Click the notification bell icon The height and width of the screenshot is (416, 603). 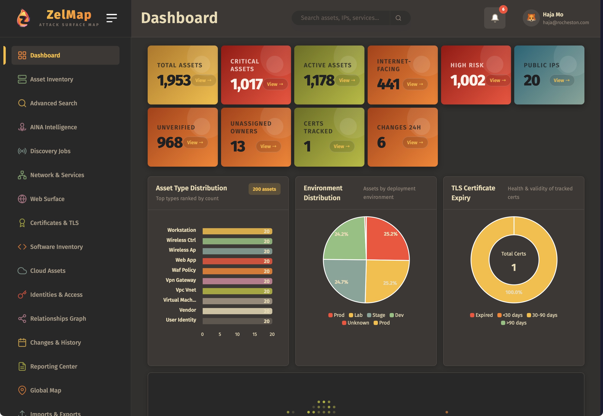(494, 18)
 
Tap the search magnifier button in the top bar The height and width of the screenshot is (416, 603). (398, 18)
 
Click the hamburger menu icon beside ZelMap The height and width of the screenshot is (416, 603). (111, 18)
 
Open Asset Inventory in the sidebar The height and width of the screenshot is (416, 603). (51, 79)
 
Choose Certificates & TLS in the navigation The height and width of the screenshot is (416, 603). (54, 223)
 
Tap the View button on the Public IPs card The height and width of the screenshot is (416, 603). (561, 80)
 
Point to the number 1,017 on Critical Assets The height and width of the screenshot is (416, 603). (246, 84)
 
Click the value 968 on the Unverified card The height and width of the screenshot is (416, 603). (170, 143)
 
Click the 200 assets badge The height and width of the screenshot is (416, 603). (264, 189)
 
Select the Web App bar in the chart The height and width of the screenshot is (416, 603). (237, 261)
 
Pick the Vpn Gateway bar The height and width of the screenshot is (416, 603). (237, 281)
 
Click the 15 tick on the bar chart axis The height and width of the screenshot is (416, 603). (255, 334)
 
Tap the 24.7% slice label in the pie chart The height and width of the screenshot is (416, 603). (341, 282)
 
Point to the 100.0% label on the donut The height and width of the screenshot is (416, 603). (514, 292)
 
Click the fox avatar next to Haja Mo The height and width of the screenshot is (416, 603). (531, 18)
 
